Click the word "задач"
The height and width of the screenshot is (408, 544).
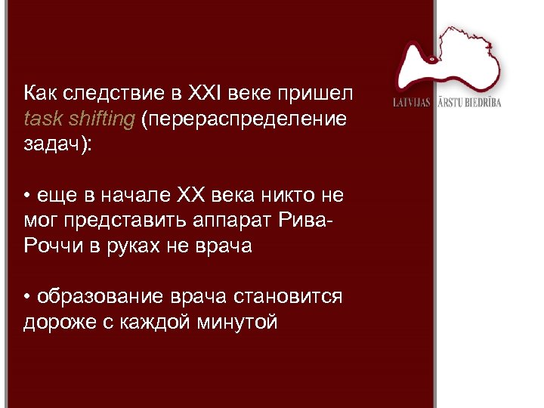[x=54, y=145]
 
